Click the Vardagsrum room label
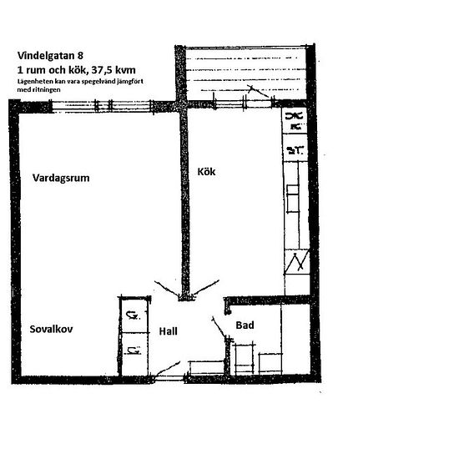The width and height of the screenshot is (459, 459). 61,178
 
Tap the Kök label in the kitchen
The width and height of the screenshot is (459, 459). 206,172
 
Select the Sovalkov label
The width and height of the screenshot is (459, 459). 51,329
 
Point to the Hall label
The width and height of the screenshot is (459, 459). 168,331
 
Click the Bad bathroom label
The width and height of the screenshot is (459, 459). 245,325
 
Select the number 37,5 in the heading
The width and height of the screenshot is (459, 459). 102,70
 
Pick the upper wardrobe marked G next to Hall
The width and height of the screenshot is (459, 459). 134,315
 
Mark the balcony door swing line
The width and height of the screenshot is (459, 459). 258,92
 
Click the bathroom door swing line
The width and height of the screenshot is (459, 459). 219,327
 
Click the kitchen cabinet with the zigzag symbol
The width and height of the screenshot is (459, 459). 297,261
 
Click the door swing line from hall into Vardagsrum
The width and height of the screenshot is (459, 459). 166,289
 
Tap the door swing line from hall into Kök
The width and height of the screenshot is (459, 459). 206,287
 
